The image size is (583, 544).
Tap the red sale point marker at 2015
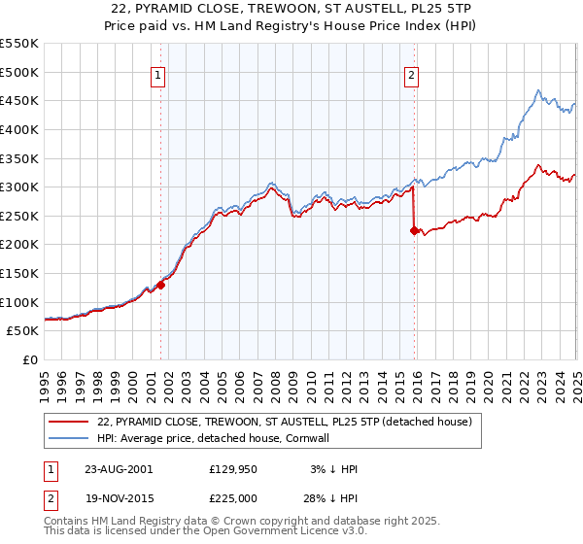pos(414,230)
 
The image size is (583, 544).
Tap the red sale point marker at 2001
pos(161,285)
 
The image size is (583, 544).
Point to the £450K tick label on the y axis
pos(20,100)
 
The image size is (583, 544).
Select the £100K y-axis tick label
pos(20,302)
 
